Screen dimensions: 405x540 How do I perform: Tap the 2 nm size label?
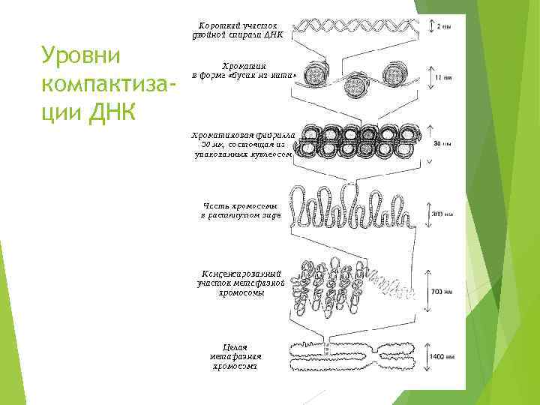click(x=444, y=26)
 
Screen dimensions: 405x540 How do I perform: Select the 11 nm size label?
click(x=443, y=76)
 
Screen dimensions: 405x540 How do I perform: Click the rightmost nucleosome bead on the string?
click(x=394, y=73)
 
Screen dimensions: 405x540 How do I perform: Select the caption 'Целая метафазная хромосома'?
click(x=235, y=356)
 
